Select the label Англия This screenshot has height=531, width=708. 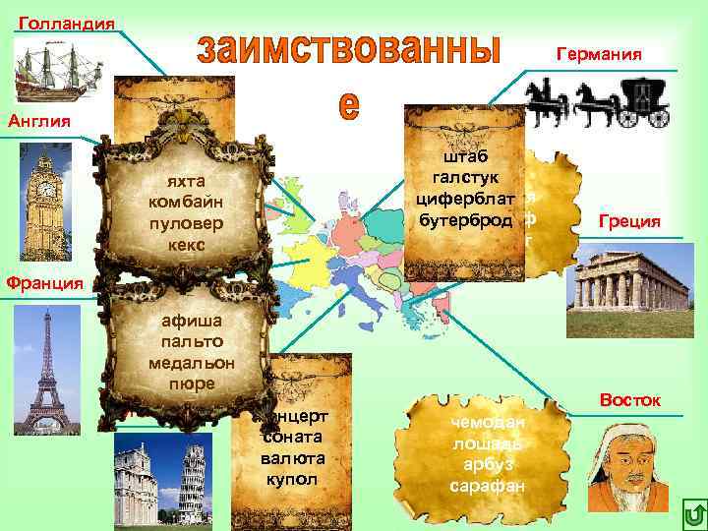pyautogui.click(x=39, y=122)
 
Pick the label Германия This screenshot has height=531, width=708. pyautogui.click(x=599, y=54)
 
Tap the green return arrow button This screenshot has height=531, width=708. pyautogui.click(x=690, y=513)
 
